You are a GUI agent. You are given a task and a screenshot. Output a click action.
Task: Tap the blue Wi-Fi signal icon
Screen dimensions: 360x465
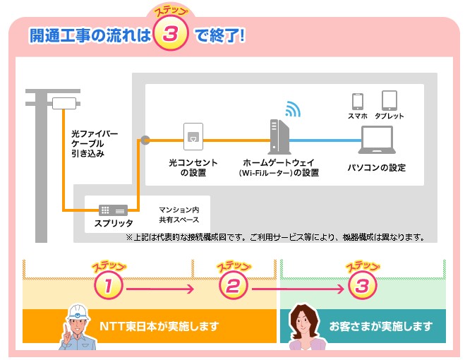(292, 109)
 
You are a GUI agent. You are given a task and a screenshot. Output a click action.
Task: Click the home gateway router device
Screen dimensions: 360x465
(277, 136)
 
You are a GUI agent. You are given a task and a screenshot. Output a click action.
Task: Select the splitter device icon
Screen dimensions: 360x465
(113, 210)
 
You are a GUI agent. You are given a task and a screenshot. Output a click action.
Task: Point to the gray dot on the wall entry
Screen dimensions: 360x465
(145, 140)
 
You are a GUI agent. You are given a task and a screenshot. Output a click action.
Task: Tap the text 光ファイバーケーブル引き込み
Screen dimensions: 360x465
(93, 143)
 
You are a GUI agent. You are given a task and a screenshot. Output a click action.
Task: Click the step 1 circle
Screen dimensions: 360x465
(109, 287)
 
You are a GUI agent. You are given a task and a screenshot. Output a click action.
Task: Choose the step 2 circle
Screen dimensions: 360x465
(233, 286)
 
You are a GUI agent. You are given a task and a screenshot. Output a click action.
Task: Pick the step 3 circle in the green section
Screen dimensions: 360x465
(362, 286)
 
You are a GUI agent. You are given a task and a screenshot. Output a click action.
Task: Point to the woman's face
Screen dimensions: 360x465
(303, 325)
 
